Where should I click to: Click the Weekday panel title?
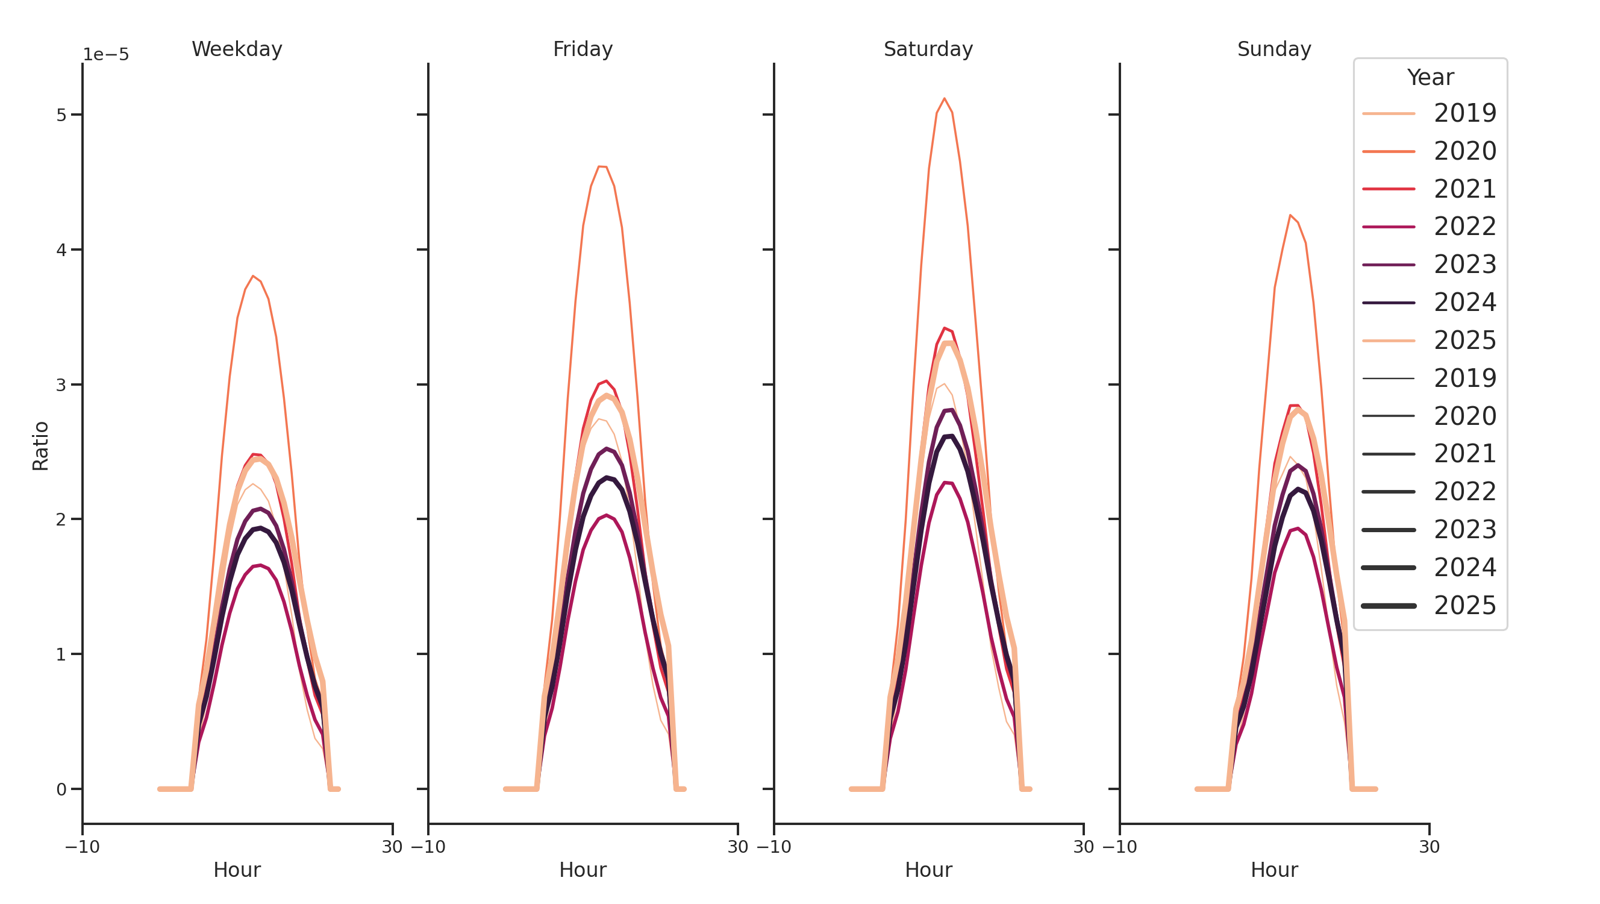[237, 49]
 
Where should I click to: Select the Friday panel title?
[583, 49]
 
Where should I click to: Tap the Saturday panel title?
[928, 49]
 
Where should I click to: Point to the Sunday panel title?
[1274, 49]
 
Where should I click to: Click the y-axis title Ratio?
[40, 445]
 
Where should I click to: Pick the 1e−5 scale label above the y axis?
[105, 55]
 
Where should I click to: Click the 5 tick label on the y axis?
[61, 115]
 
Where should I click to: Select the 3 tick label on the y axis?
[61, 385]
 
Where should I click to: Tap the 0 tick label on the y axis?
[61, 789]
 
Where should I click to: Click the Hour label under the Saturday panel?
[928, 870]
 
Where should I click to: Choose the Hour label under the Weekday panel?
[237, 870]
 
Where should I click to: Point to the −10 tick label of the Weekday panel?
[82, 847]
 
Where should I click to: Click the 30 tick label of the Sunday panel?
[1429, 847]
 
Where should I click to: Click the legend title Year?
[1430, 78]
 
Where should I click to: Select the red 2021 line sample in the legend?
[1388, 189]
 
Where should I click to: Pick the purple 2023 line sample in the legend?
[1388, 265]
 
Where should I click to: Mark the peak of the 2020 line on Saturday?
[944, 98]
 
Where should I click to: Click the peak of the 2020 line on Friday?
[599, 166]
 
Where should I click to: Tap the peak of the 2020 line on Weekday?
[253, 276]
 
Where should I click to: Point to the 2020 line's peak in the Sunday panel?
[1290, 216]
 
